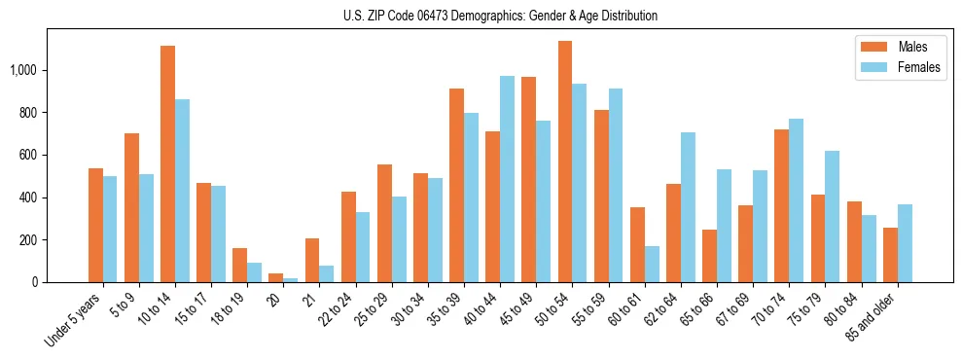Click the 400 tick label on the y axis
pos(27,198)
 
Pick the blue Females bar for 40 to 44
pos(507,179)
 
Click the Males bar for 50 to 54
pos(565,162)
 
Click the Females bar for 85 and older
pos(905,243)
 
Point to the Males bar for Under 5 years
pos(95,225)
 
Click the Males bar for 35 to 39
pos(456,185)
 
